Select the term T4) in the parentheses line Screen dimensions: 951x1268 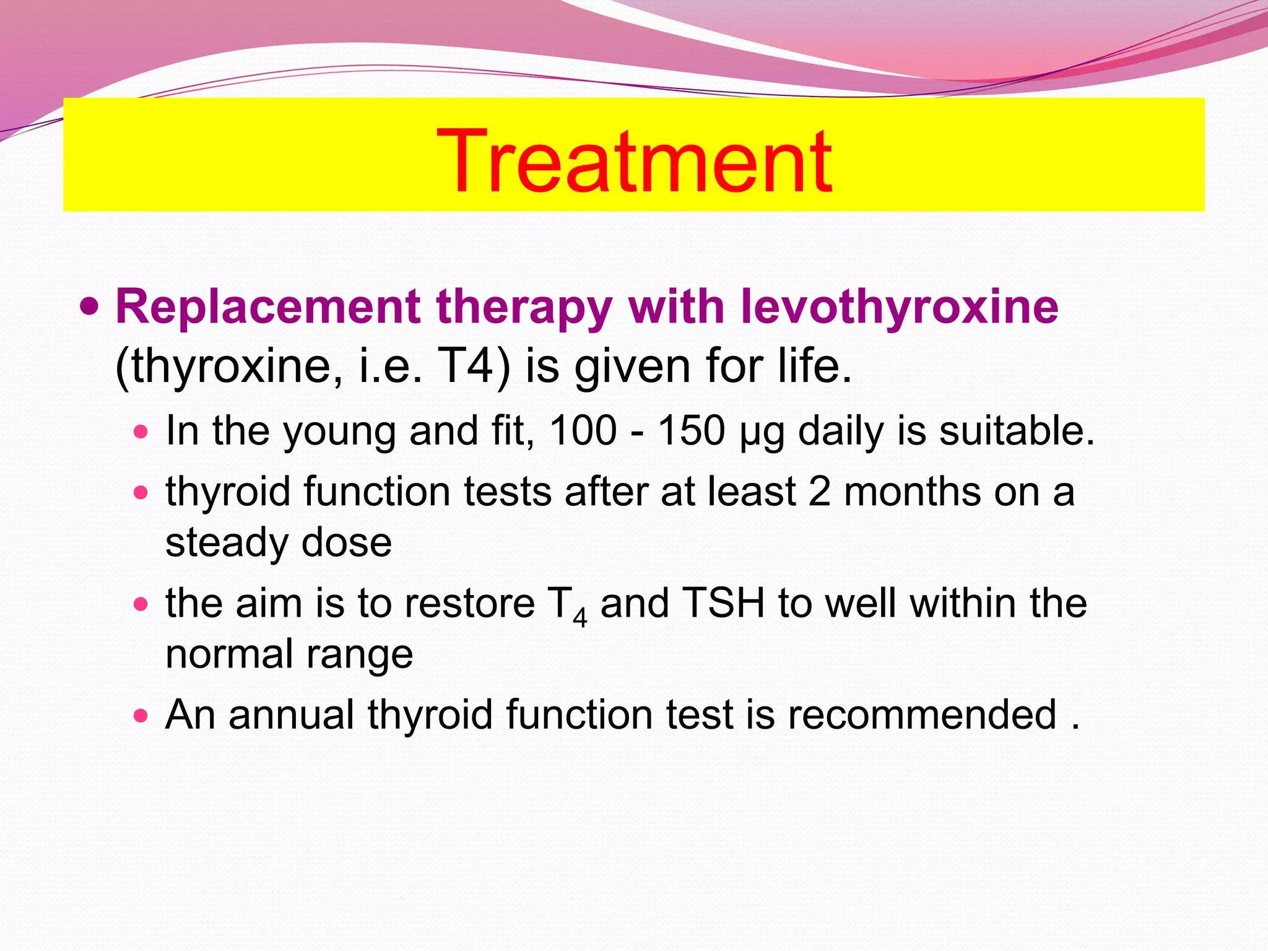[474, 366]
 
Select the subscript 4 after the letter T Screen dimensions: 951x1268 [580, 618]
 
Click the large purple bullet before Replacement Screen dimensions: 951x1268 [90, 305]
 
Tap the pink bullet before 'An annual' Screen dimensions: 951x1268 [141, 716]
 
